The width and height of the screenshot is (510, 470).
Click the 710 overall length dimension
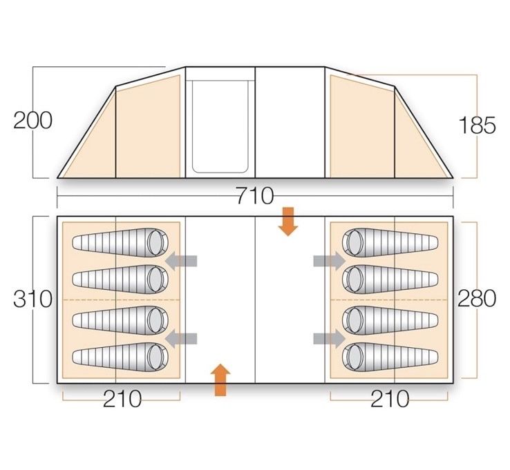click(x=255, y=196)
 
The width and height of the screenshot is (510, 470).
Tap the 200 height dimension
click(x=32, y=121)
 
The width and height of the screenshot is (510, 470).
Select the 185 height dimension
click(x=477, y=126)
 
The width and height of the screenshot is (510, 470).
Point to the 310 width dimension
click(x=32, y=299)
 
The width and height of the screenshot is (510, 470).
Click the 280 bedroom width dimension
click(x=477, y=299)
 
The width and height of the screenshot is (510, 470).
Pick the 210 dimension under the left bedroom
click(x=122, y=399)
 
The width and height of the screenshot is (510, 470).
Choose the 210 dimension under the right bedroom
click(x=390, y=399)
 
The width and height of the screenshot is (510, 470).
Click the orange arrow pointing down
click(x=288, y=222)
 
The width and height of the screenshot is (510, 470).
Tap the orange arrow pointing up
click(x=220, y=380)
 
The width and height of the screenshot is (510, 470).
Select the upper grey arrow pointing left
click(x=181, y=261)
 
